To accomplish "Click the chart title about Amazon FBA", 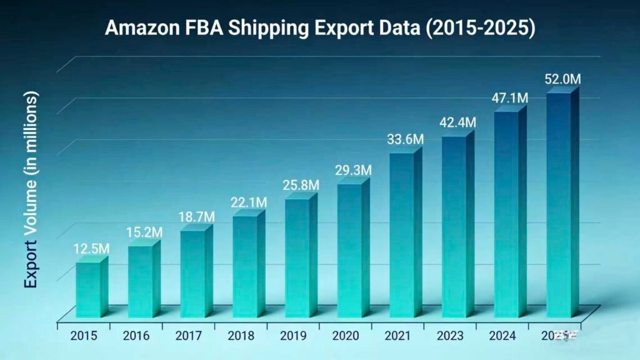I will pos(319,28).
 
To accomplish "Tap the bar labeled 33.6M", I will pos(401,234).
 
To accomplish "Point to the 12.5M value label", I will pos(90,249).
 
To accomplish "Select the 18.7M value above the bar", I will pos(196,216).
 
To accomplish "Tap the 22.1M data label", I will pos(248,202).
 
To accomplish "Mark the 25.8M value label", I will pos(301,185).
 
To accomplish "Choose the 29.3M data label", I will pos(353,170).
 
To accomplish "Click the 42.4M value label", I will pos(457,122).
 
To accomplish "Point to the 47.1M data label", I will pos(509,98).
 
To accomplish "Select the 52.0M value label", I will pos(562,79).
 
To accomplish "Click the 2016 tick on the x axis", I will pos(136,336).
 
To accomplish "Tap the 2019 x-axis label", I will pos(293,336).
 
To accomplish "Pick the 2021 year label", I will pos(397,336).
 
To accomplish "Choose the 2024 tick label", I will pos(502,336).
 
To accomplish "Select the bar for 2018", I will pos(245,266).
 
